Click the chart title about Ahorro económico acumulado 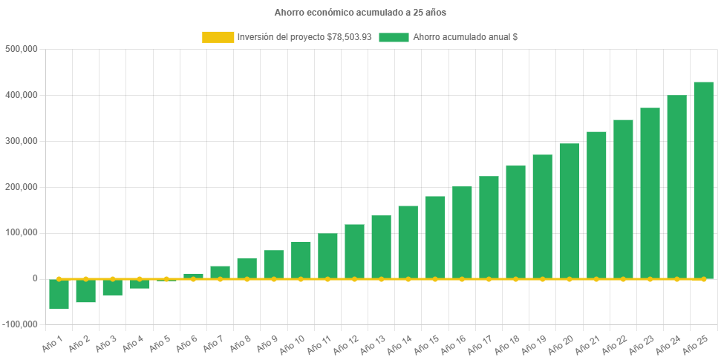360,13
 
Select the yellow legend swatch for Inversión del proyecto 217,37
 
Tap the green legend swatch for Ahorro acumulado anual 394,37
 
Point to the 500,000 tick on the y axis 21,49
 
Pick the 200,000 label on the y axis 21,187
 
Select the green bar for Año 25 703,180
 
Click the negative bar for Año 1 59,294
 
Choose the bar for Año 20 569,211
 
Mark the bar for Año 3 113,288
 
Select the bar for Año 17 489,227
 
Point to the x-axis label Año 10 293,342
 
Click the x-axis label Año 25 696,342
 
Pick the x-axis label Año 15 428,342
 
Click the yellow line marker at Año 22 623,279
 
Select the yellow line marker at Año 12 354,279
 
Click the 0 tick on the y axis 34,278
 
